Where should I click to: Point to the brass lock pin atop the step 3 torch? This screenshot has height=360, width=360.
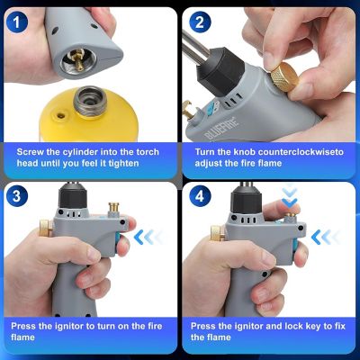pos(114,211)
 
